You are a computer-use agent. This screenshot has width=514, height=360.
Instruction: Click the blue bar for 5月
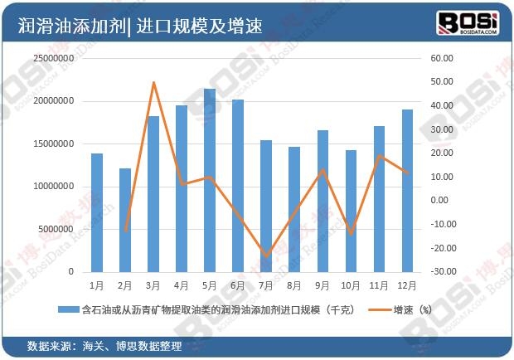click(x=210, y=180)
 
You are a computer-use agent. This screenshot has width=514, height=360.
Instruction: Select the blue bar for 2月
click(x=124, y=220)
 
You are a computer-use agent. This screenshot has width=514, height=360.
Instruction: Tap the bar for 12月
click(x=407, y=191)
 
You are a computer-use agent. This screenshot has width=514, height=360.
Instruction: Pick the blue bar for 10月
click(x=351, y=211)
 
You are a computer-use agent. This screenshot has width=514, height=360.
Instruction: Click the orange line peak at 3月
click(x=153, y=82)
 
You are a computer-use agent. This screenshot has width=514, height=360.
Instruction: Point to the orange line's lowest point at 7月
click(x=266, y=256)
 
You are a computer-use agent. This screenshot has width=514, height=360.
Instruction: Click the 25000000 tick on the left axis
click(x=52, y=59)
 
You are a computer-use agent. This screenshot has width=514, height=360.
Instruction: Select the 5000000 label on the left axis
click(x=56, y=229)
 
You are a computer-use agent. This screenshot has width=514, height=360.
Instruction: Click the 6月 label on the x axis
click(x=238, y=285)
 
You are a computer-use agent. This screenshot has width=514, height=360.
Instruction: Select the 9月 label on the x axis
click(x=322, y=285)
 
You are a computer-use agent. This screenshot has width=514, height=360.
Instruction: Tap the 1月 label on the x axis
click(x=97, y=285)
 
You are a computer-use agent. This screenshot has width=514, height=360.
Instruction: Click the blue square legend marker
click(x=62, y=309)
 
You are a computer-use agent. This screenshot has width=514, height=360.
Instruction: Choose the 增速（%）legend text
click(x=413, y=309)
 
